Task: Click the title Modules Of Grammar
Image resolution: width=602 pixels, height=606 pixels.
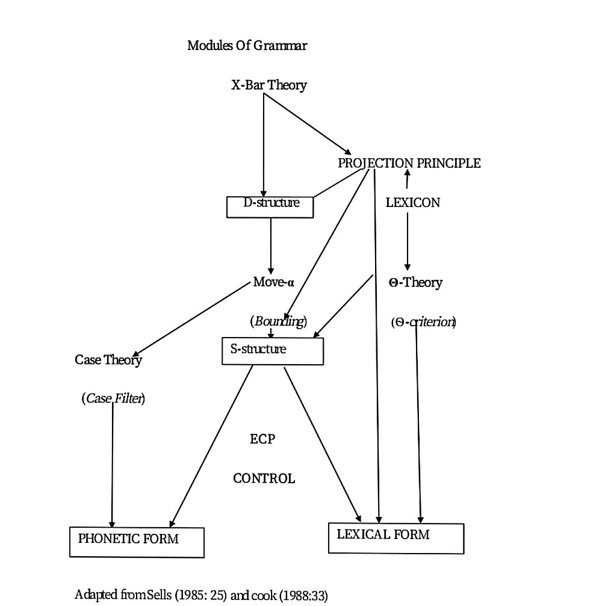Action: tap(247, 46)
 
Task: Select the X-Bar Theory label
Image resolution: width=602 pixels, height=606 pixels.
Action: tap(268, 85)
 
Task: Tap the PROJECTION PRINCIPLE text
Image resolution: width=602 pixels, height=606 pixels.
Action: tap(409, 163)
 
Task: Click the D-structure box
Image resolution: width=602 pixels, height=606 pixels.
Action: tap(271, 206)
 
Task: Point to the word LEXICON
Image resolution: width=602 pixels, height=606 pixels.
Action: tap(412, 203)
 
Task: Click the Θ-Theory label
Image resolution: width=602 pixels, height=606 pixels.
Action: tap(415, 282)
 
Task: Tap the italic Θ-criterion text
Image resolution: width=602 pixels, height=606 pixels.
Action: tap(423, 322)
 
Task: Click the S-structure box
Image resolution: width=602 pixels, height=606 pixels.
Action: tap(273, 351)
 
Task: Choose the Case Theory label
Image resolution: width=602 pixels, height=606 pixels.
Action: tap(108, 360)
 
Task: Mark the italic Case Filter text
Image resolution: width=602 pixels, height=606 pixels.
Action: tap(113, 398)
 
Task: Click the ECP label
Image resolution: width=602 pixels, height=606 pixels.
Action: tap(262, 439)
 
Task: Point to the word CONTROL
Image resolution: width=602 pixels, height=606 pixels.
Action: tap(264, 479)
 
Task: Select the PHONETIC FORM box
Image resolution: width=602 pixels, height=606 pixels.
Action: tap(137, 542)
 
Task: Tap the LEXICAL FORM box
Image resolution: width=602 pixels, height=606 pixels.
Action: tap(396, 537)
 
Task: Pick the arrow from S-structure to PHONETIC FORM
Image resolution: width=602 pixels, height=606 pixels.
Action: tap(211, 446)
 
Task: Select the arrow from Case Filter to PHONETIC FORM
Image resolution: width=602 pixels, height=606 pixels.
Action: tap(112, 463)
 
